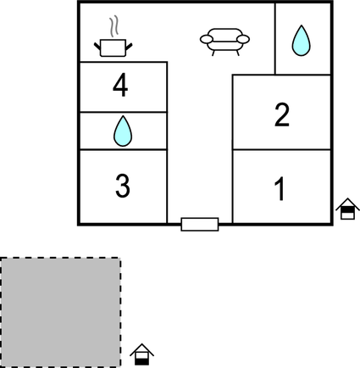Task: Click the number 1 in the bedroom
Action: (280, 188)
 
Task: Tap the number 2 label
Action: (282, 114)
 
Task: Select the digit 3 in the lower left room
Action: (123, 186)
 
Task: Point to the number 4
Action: (122, 86)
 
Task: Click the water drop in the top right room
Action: (301, 40)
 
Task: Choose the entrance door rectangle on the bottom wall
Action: (200, 224)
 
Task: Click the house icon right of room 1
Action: (346, 209)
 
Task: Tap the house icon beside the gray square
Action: (143, 354)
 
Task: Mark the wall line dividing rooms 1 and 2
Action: (281, 150)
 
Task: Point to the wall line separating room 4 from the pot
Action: (122, 62)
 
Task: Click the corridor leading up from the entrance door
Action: (200, 153)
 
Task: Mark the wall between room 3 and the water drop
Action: (123, 150)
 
